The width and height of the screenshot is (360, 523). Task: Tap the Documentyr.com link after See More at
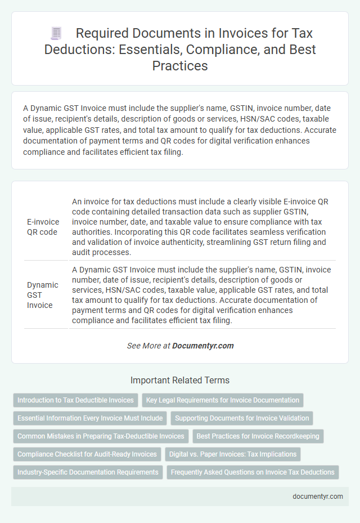coord(203,346)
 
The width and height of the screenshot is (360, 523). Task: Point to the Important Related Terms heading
coord(179,380)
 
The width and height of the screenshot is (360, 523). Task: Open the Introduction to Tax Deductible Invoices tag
coord(75,400)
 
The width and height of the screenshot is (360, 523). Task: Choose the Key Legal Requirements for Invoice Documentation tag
coord(223,400)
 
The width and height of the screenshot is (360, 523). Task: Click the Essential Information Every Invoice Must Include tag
coord(90,418)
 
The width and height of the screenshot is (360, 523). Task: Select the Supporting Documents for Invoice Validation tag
coord(242,418)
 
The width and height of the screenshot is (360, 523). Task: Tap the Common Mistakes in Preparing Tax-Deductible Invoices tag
coord(101,436)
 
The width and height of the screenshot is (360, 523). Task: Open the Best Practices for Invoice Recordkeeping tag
coord(258,436)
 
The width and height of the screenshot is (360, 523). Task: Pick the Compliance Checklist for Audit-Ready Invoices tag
coord(87,454)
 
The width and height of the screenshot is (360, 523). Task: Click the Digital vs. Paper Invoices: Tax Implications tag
coord(232,454)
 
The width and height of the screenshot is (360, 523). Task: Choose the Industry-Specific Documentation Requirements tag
coord(88,472)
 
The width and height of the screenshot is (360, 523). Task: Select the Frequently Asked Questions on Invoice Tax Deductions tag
coord(253,472)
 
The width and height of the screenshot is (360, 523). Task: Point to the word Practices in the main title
coord(179,65)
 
